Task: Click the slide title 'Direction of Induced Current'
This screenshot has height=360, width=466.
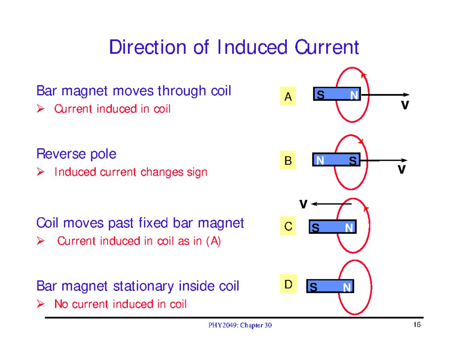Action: pyautogui.click(x=234, y=48)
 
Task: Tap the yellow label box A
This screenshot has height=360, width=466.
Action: pyautogui.click(x=288, y=97)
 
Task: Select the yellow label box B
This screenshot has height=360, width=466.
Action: pyautogui.click(x=288, y=161)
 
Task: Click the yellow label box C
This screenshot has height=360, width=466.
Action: pyautogui.click(x=288, y=226)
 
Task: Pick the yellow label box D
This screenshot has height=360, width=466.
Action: pyautogui.click(x=288, y=285)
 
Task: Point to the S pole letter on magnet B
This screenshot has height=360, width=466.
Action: pyautogui.click(x=353, y=160)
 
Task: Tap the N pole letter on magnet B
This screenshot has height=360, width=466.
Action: pyautogui.click(x=320, y=160)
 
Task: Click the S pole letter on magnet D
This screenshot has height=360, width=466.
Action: pyautogui.click(x=313, y=288)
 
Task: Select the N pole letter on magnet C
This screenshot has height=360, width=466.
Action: pyautogui.click(x=349, y=229)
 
